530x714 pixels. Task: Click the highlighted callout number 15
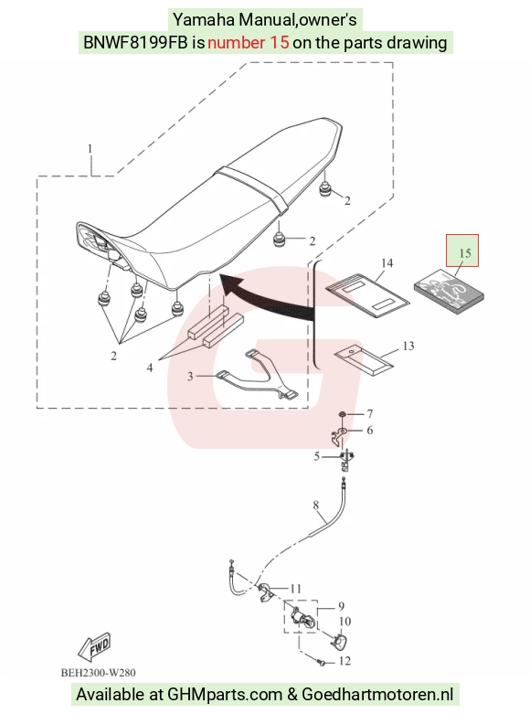(x=464, y=253)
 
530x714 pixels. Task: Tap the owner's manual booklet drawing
(x=449, y=292)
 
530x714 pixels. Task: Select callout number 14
(x=387, y=263)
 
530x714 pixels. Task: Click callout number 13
(x=408, y=346)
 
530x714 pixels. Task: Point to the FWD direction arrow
(x=95, y=646)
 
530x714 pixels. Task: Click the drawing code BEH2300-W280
(x=99, y=673)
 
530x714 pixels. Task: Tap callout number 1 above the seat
(x=90, y=149)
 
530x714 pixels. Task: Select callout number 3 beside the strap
(x=190, y=376)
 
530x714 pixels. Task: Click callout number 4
(x=150, y=368)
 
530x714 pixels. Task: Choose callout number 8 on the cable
(x=316, y=505)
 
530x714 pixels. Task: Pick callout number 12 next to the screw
(x=345, y=661)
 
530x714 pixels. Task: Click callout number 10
(x=345, y=621)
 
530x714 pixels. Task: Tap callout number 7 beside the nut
(x=370, y=413)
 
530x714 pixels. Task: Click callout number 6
(x=370, y=431)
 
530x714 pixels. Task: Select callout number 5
(x=316, y=456)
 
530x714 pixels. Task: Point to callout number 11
(x=295, y=589)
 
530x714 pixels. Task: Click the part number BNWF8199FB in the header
(x=135, y=42)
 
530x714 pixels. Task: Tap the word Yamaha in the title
(x=204, y=19)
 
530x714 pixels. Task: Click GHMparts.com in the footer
(x=225, y=695)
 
